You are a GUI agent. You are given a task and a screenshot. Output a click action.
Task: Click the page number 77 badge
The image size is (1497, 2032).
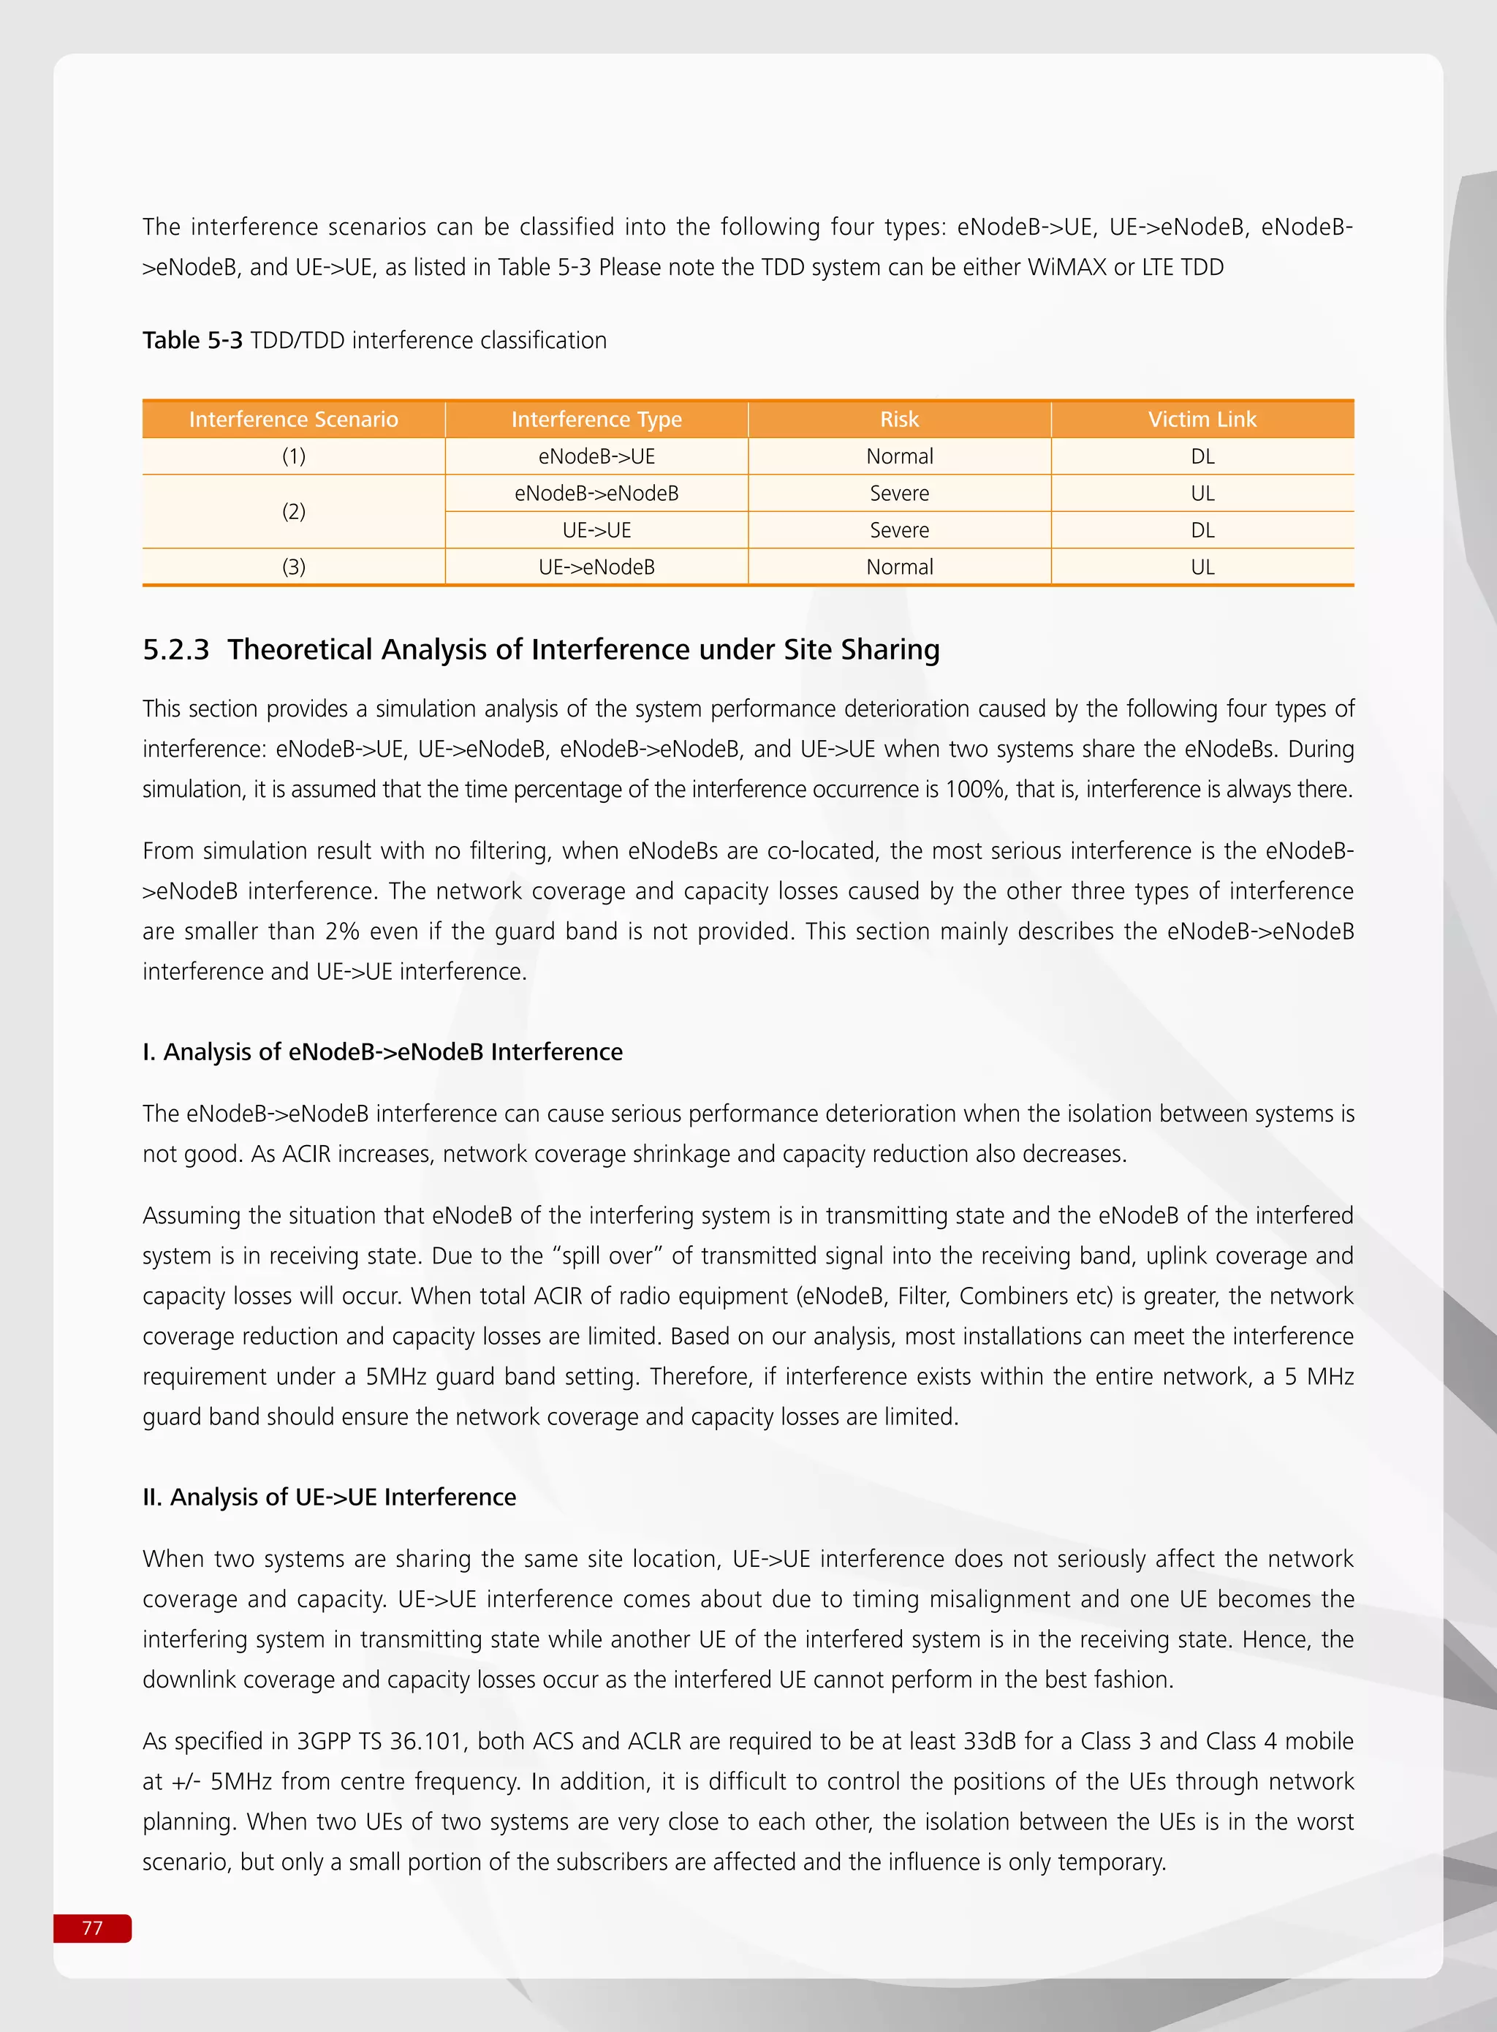tap(92, 1927)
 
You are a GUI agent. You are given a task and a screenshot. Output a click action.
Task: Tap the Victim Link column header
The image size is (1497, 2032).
tap(1202, 420)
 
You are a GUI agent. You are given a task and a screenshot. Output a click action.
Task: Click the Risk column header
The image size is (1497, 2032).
tap(899, 420)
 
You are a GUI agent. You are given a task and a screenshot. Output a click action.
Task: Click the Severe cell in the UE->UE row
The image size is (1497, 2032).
tap(899, 530)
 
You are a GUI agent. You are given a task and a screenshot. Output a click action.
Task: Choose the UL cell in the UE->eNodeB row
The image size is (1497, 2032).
tap(1202, 567)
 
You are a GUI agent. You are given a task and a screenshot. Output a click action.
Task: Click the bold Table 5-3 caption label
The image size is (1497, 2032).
tap(192, 341)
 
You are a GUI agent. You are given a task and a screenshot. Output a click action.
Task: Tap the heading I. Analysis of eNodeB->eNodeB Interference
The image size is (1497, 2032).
tap(382, 1052)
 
